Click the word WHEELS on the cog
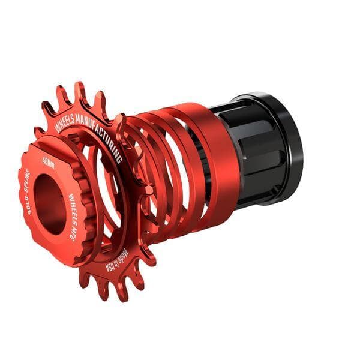[65, 120]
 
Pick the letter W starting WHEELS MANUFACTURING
[58, 128]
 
